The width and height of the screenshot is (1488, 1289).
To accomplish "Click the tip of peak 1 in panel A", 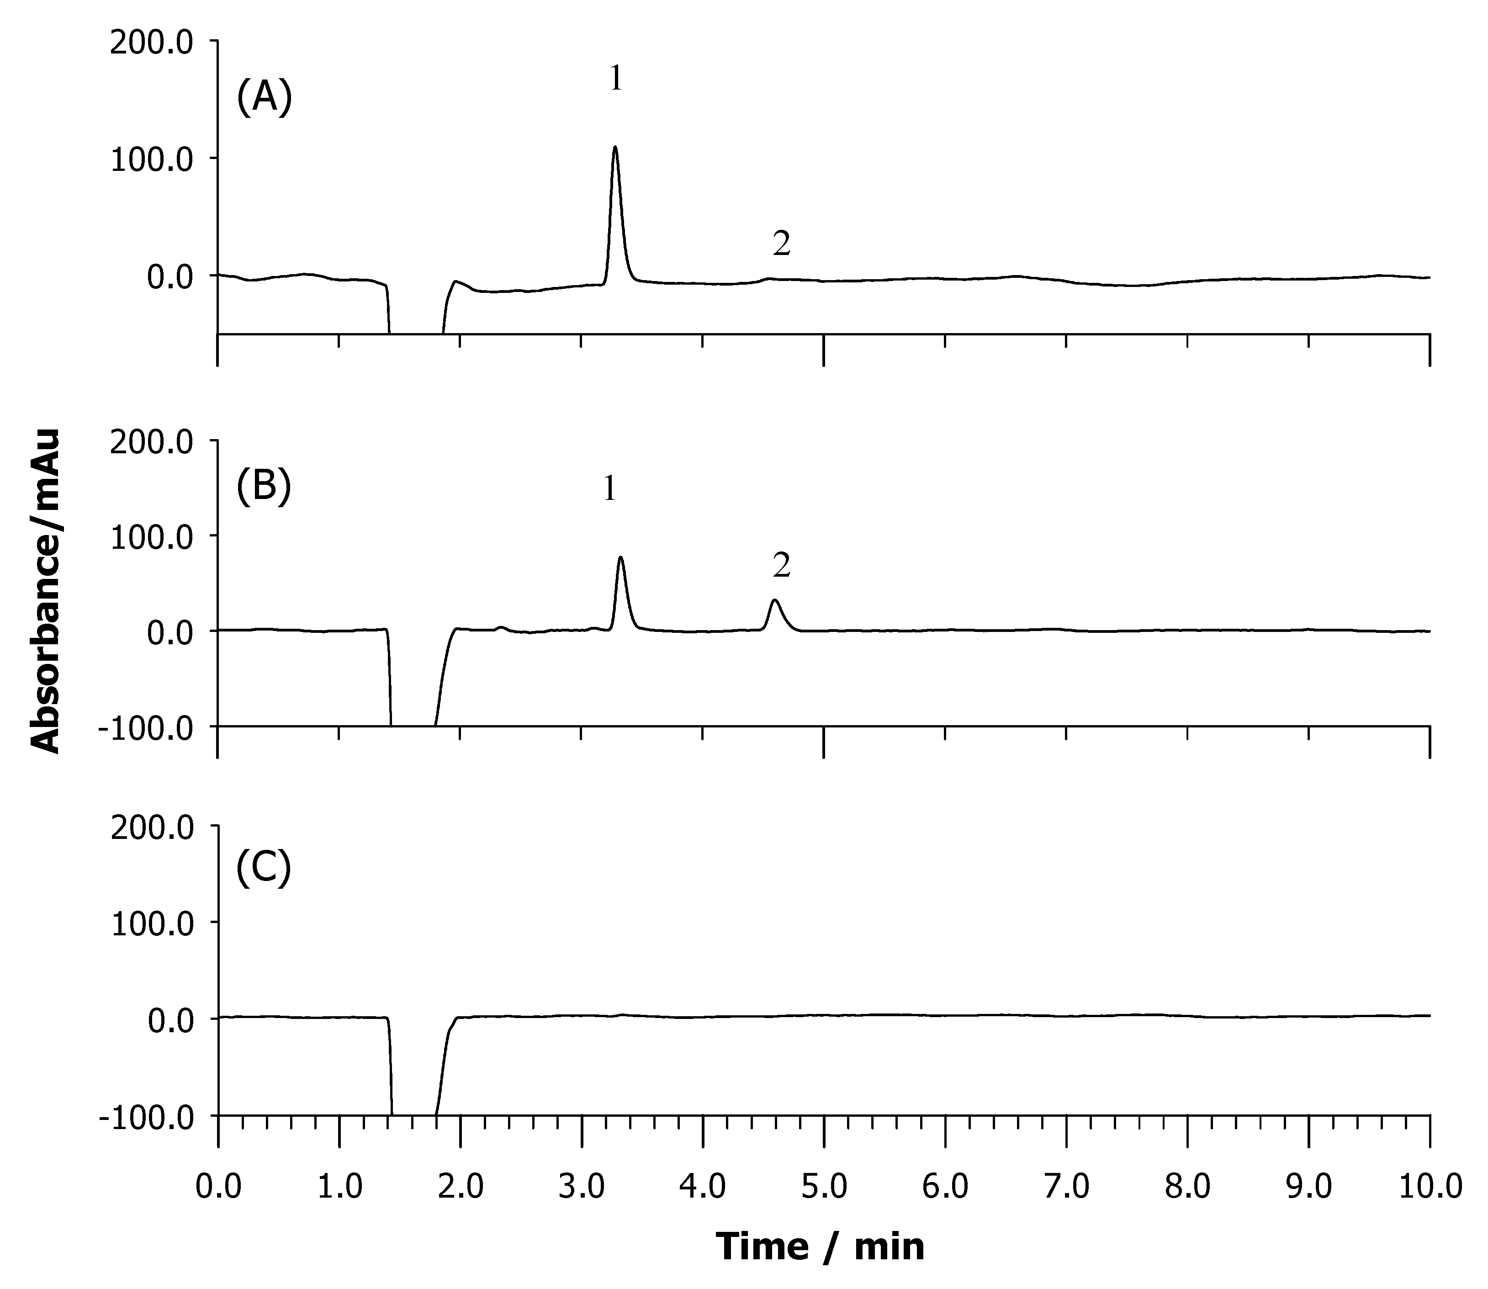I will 615,148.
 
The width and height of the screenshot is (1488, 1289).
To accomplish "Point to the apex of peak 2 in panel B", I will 774,600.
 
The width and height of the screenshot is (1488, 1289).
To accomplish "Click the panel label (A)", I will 264,98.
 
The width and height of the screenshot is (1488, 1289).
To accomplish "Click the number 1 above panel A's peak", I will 616,79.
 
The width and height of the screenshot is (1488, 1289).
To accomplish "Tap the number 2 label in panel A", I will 782,244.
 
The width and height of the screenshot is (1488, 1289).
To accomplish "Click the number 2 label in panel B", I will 782,567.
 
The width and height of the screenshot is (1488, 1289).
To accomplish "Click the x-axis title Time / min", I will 820,1246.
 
